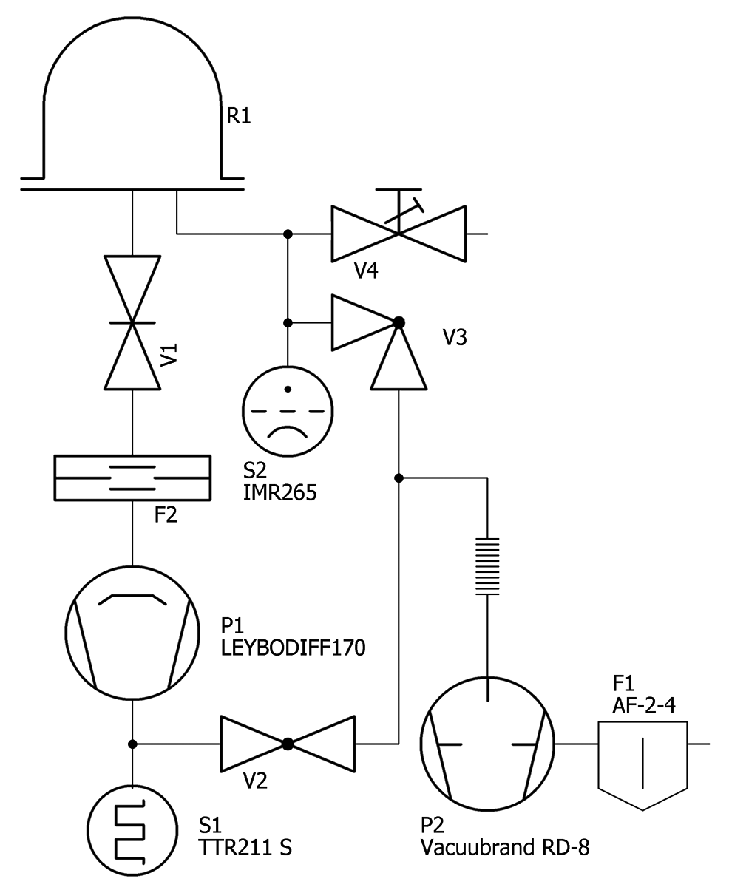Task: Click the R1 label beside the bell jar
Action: click(x=238, y=117)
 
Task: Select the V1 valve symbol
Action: click(x=132, y=322)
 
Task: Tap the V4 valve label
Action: click(x=366, y=271)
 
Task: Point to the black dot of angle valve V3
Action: click(x=399, y=322)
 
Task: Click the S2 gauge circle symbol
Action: click(x=288, y=408)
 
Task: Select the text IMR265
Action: click(x=279, y=492)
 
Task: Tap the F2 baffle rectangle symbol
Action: click(x=132, y=478)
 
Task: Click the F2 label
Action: click(x=166, y=515)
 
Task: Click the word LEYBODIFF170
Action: click(x=294, y=648)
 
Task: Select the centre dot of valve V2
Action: click(x=288, y=744)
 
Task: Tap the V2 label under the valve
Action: click(x=255, y=781)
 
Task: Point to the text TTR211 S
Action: click(x=245, y=848)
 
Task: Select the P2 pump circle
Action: click(x=487, y=743)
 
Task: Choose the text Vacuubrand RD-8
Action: click(x=505, y=848)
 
